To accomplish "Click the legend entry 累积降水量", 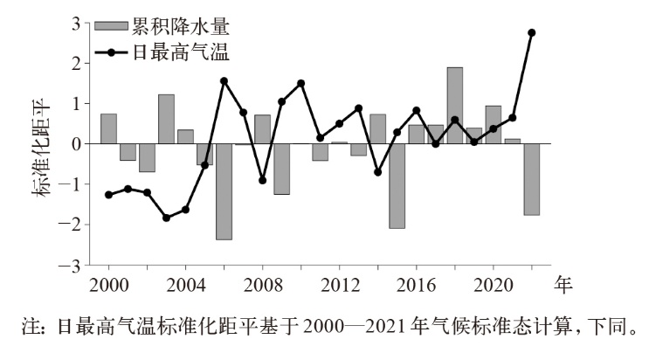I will coord(166,27).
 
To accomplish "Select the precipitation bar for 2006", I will coord(224,191).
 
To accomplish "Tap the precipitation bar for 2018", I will coord(454,106).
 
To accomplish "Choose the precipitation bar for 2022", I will coord(531,179).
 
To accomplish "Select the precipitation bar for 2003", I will coord(166,119).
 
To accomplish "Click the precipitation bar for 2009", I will coord(281,169).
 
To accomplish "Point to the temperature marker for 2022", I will coord(531,32).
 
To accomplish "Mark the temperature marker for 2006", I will coord(224,81).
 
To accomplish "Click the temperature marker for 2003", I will coord(166,218).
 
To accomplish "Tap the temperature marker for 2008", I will coord(262,180).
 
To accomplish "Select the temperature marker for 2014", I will coord(377,172).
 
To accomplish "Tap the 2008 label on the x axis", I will coord(262,284).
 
